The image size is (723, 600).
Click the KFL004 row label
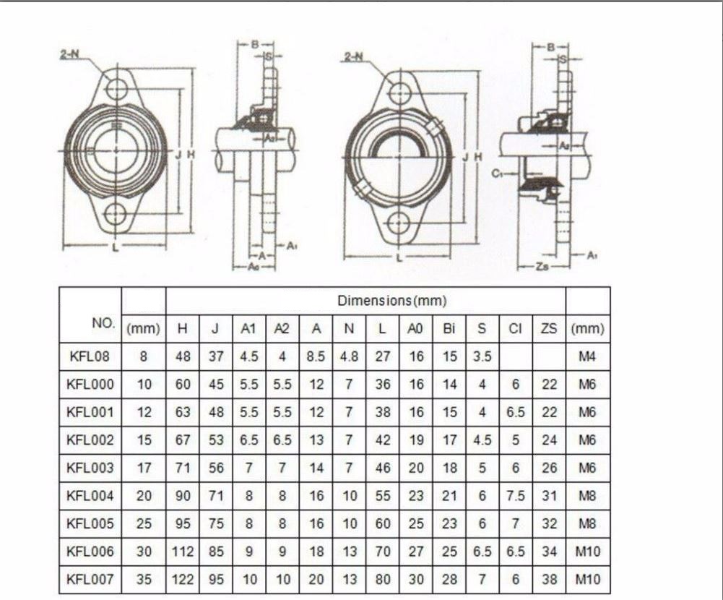tap(90, 496)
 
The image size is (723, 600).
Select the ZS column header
tap(549, 329)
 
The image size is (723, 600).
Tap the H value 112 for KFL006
tap(182, 552)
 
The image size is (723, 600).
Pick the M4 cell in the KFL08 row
tap(587, 356)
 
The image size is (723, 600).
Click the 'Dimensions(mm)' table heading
tap(392, 301)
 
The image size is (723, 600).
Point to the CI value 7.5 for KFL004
tap(516, 496)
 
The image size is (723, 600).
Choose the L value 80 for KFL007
tap(382, 579)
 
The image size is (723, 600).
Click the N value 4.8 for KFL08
tap(349, 356)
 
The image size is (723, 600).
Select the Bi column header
tap(449, 329)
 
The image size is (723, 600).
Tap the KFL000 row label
tap(90, 384)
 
